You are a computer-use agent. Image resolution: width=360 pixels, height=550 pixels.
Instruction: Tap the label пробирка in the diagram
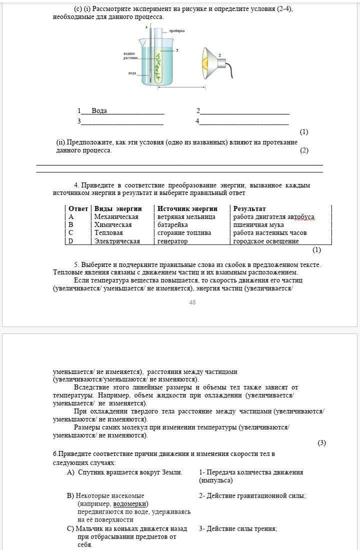tap(176, 30)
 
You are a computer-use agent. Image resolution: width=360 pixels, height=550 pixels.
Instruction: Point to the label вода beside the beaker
tap(132, 73)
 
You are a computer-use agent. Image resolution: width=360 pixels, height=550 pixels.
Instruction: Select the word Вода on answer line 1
tap(99, 110)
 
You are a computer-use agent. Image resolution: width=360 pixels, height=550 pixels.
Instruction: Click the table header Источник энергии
tap(187, 208)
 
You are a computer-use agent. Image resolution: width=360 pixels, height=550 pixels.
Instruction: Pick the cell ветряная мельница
tap(186, 217)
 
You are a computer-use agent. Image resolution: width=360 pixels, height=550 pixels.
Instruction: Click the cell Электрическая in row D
tap(117, 241)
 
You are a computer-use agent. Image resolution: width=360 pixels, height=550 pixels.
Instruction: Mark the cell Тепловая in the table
tap(108, 233)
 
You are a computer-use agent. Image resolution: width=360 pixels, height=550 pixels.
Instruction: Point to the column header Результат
tap(249, 208)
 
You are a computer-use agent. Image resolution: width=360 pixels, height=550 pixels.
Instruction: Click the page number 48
tap(192, 302)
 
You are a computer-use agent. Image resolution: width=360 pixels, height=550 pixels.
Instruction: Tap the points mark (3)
tap(321, 443)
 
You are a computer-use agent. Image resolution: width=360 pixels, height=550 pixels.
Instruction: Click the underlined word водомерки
tap(130, 503)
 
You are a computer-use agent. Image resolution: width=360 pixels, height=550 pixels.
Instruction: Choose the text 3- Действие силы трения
tap(238, 528)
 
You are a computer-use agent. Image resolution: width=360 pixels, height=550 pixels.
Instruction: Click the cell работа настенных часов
tap(270, 233)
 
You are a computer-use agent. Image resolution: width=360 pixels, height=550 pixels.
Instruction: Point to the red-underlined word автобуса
tap(301, 217)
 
